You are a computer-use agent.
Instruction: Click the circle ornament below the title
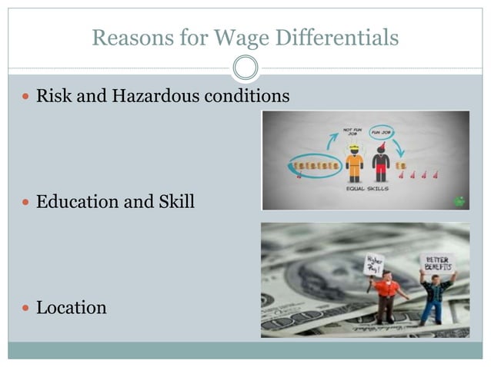coord(245,68)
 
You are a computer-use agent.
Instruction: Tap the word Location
coord(71,308)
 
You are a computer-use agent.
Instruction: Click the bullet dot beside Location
coord(25,309)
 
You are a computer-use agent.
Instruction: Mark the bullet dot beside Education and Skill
coord(25,203)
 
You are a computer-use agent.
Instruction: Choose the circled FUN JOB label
coord(381,132)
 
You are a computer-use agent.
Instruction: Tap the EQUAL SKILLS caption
coord(367,187)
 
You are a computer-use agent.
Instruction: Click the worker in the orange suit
coord(354,161)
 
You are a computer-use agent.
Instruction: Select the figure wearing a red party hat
coord(381,161)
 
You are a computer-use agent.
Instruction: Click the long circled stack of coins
coord(316,165)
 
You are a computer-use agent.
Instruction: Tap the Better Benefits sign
coord(437,263)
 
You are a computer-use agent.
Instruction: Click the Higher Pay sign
coord(374,265)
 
